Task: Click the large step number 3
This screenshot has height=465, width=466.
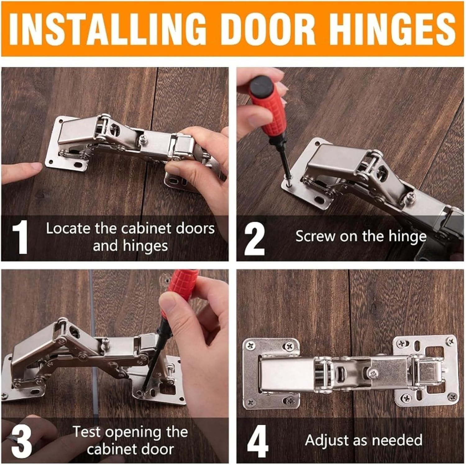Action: click(21, 441)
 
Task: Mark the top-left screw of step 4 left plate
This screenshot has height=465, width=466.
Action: click(250, 345)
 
